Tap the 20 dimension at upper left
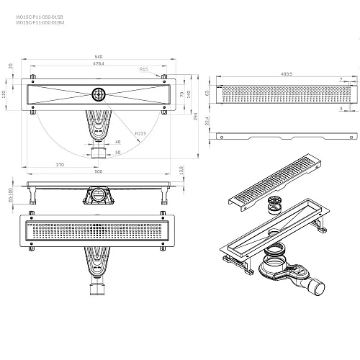coord(9,65)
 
